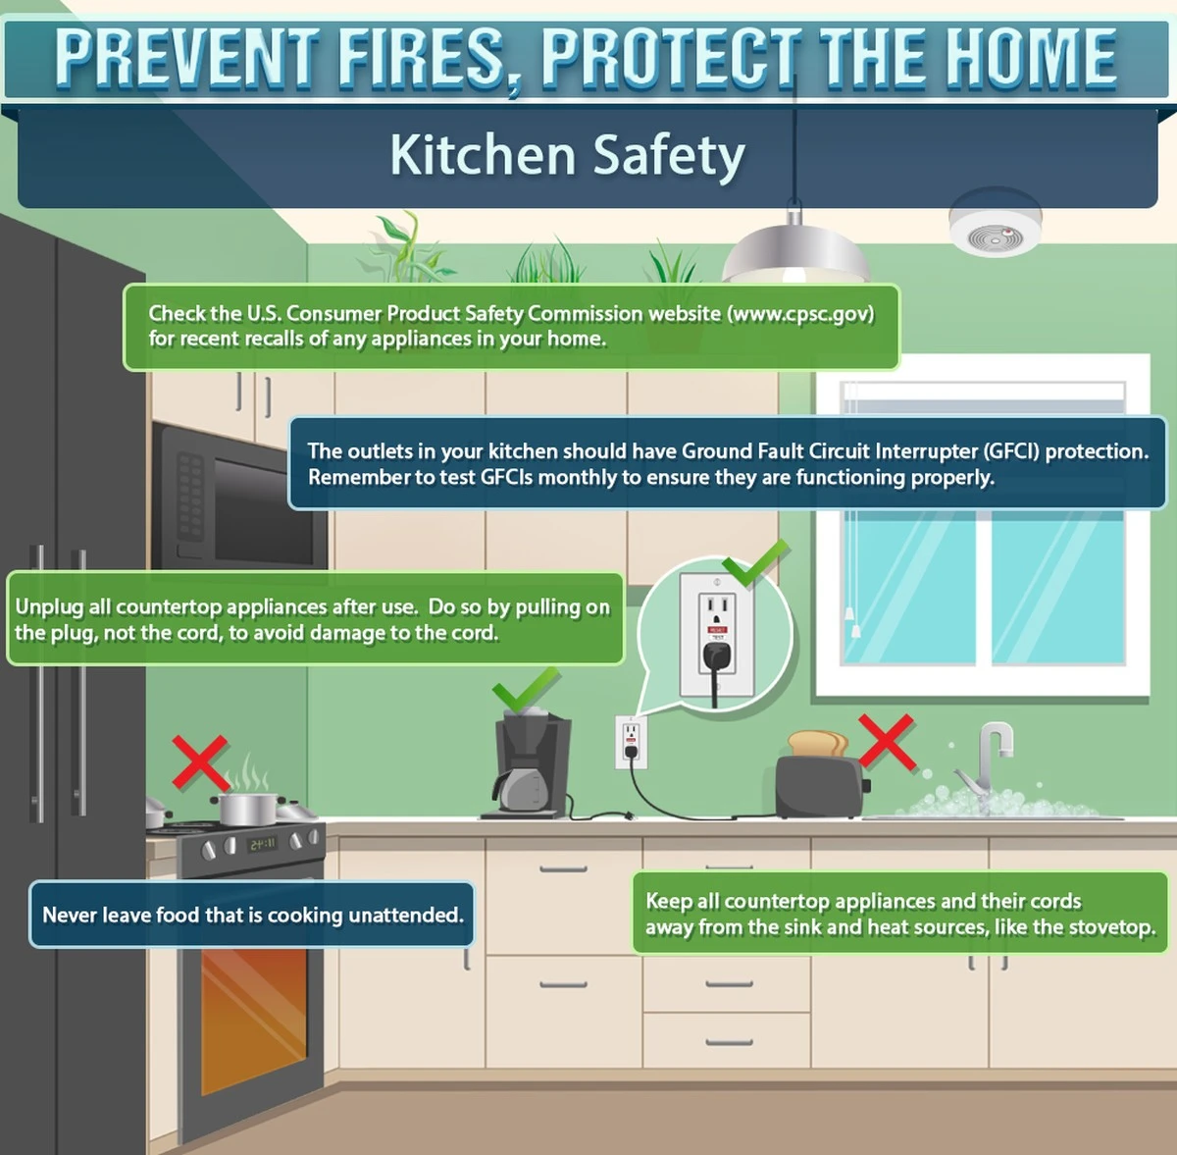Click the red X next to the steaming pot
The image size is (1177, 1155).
(200, 761)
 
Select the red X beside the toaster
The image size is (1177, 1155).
(887, 742)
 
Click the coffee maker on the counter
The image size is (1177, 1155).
(528, 763)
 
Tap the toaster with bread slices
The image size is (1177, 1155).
(820, 775)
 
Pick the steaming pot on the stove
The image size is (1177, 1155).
(247, 808)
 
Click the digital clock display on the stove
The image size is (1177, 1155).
(263, 844)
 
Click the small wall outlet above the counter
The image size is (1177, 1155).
(631, 742)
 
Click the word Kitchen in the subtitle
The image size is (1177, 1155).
(483, 155)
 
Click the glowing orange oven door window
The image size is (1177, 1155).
(253, 1021)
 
